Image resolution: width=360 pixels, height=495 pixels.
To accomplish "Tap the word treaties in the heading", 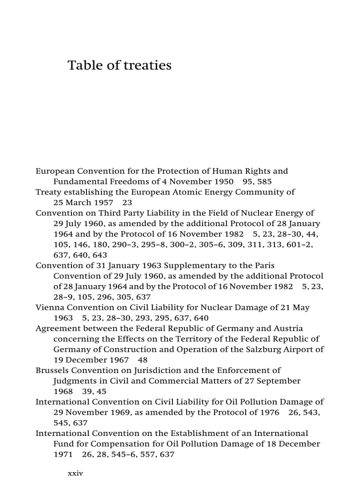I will (x=147, y=65).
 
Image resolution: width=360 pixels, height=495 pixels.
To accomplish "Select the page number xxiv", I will (x=75, y=473).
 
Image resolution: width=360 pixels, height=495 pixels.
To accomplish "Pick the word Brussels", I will (x=52, y=370).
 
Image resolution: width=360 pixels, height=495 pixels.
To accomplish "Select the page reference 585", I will (x=265, y=182).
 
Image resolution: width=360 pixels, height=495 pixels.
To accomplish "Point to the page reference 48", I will (x=143, y=360).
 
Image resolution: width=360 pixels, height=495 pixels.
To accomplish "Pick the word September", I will (x=278, y=381).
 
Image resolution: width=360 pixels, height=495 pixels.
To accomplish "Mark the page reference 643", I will (x=100, y=255).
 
